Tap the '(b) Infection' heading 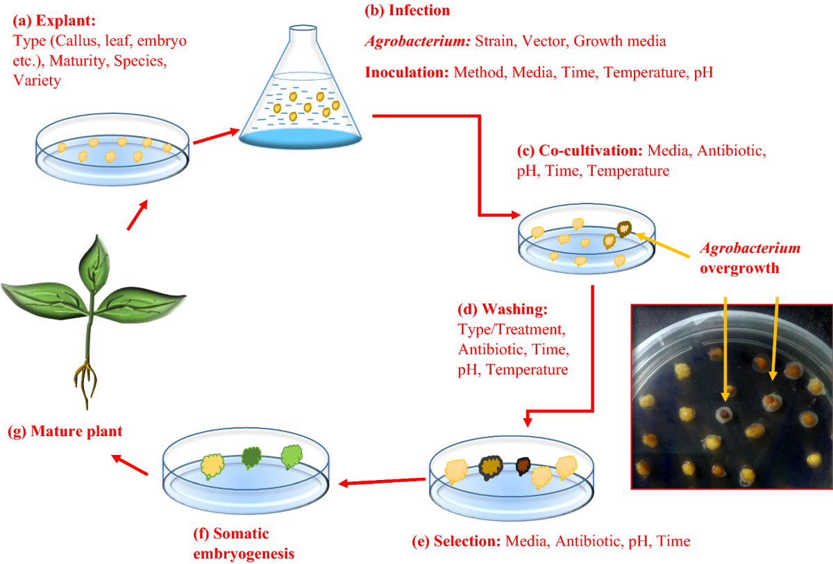(x=407, y=10)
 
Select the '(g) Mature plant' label (x=65, y=431)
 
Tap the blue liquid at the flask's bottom (x=301, y=137)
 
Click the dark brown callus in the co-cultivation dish (x=623, y=229)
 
